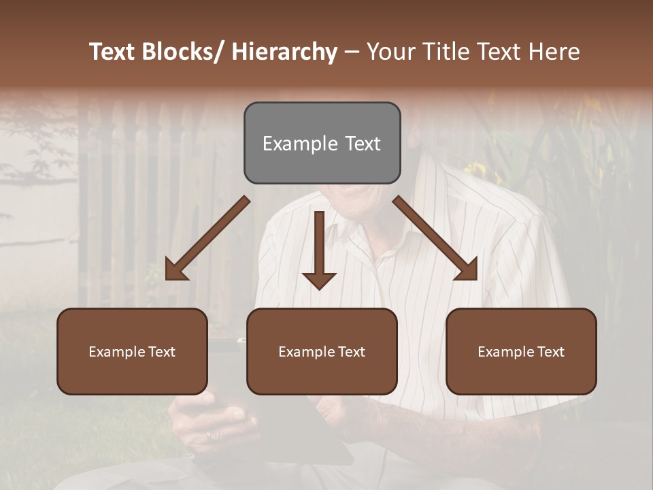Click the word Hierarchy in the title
(284, 52)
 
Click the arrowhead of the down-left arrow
(175, 271)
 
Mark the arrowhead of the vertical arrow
(319, 280)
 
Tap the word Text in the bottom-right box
(550, 352)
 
